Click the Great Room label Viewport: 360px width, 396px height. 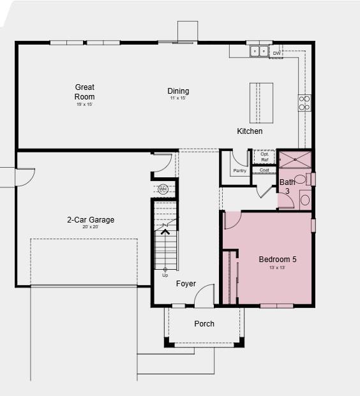point(85,92)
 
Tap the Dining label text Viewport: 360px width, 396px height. point(178,91)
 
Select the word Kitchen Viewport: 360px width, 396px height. point(250,131)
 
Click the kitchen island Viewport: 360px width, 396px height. point(261,103)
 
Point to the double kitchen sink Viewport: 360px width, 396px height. point(259,51)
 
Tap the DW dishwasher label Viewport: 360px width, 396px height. point(276,54)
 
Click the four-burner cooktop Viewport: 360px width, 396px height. point(304,103)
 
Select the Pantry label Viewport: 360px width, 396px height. point(239,171)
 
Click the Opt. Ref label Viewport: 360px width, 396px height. point(264,157)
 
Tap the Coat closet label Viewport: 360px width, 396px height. point(264,170)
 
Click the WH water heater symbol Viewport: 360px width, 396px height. point(163,189)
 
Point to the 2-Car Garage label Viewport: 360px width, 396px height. point(91,220)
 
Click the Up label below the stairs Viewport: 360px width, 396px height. point(165,275)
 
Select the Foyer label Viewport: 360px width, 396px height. point(186,284)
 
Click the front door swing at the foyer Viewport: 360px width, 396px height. point(204,296)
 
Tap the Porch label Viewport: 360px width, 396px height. point(204,324)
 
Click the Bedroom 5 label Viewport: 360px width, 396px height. point(277,260)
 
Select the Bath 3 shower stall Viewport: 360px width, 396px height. point(294,158)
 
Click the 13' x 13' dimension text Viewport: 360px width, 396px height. point(277,268)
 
